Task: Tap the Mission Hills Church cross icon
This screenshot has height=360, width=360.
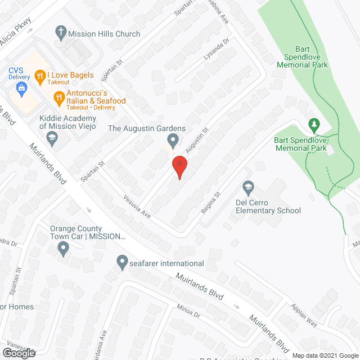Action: click(60, 33)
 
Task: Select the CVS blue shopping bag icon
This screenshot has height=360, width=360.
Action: click(21, 87)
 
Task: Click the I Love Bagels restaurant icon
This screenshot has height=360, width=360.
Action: click(39, 75)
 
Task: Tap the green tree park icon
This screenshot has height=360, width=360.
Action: click(314, 123)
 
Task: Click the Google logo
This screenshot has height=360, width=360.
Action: click(18, 353)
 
